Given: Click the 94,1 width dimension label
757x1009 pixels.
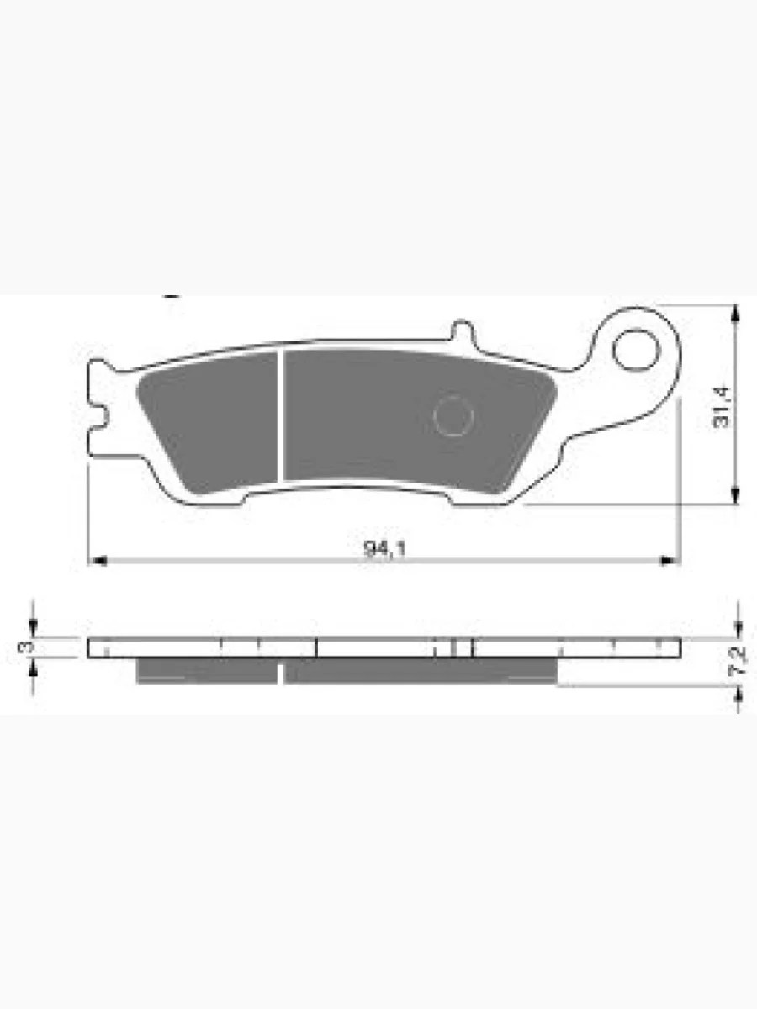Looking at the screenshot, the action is point(384,549).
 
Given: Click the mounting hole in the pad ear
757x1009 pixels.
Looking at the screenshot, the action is point(637,351).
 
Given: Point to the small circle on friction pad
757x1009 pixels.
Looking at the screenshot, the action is point(453,415).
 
